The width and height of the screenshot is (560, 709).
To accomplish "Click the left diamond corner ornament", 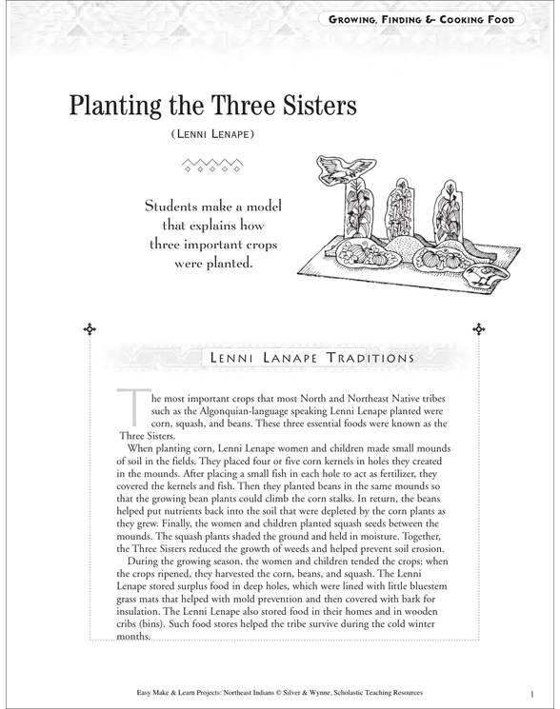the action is pos(90,329).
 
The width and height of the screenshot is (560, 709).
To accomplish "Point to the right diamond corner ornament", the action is pos(477,329).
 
